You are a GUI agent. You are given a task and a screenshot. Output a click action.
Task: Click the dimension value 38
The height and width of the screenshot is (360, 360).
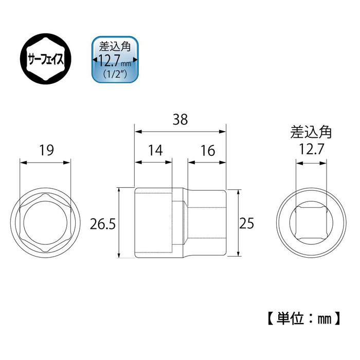(x=179, y=120)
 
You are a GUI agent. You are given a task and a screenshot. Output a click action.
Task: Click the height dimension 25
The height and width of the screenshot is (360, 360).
(x=247, y=223)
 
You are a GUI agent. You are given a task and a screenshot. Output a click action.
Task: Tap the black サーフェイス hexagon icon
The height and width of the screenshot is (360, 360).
(x=45, y=60)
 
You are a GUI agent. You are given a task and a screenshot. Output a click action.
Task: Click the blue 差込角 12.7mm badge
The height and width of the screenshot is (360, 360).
(x=115, y=60)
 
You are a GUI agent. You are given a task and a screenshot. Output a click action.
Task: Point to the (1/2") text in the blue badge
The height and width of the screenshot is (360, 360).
(x=115, y=73)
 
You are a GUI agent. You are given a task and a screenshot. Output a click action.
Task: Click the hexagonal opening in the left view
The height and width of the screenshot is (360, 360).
(x=45, y=224)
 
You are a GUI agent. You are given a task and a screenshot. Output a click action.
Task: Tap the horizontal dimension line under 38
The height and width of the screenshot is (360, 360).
(x=179, y=131)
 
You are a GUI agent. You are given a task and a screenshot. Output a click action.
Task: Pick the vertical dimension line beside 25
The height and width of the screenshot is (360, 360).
(x=238, y=223)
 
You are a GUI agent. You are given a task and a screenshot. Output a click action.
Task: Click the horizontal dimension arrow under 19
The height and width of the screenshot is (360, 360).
(x=45, y=162)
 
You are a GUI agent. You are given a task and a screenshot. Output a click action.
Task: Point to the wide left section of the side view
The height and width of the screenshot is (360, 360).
(x=153, y=223)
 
